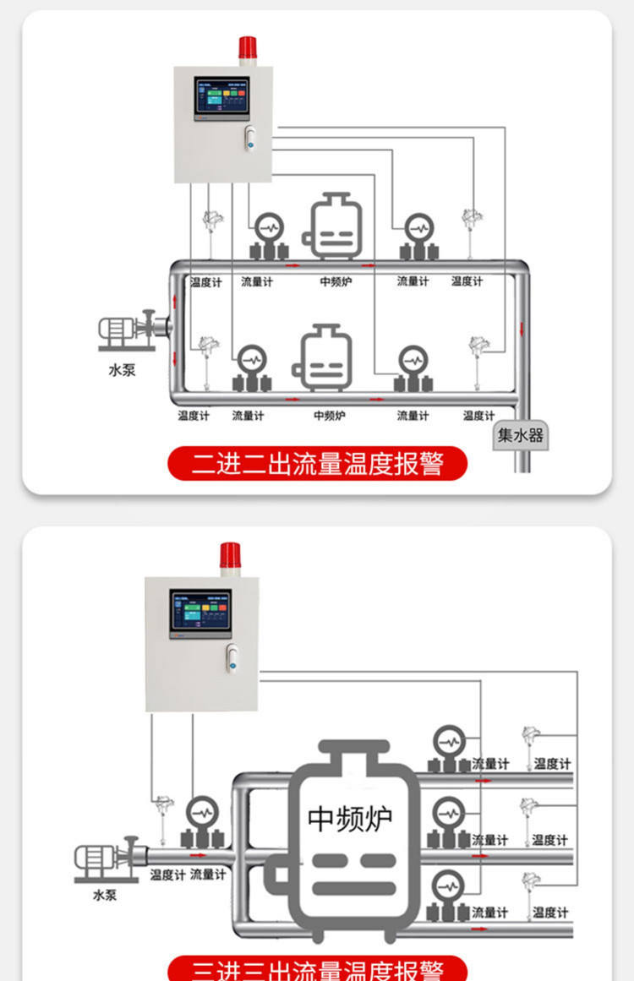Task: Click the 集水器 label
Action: (521, 436)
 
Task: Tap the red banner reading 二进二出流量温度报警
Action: (317, 463)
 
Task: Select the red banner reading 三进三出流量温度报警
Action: (317, 968)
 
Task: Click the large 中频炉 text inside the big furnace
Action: (350, 819)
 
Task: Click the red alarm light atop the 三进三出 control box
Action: (229, 555)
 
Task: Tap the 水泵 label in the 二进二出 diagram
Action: (121, 369)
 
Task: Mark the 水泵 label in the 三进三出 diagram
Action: (105, 895)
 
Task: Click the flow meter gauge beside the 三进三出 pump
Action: (202, 814)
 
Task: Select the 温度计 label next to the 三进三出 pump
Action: (167, 875)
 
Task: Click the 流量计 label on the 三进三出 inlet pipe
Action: (208, 875)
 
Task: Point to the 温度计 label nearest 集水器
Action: (478, 416)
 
